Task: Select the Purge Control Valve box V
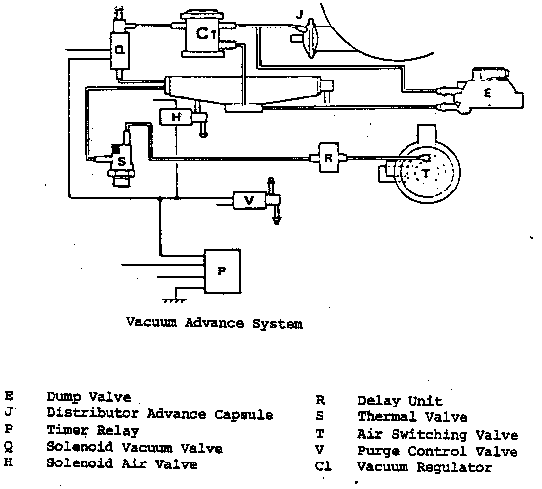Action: [249, 201]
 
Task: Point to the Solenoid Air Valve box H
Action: [175, 117]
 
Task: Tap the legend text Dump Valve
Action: [89, 397]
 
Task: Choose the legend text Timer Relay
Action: [93, 431]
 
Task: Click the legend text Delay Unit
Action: [400, 401]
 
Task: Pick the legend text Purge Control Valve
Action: [437, 451]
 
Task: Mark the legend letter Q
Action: [9, 447]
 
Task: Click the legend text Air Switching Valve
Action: [437, 435]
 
